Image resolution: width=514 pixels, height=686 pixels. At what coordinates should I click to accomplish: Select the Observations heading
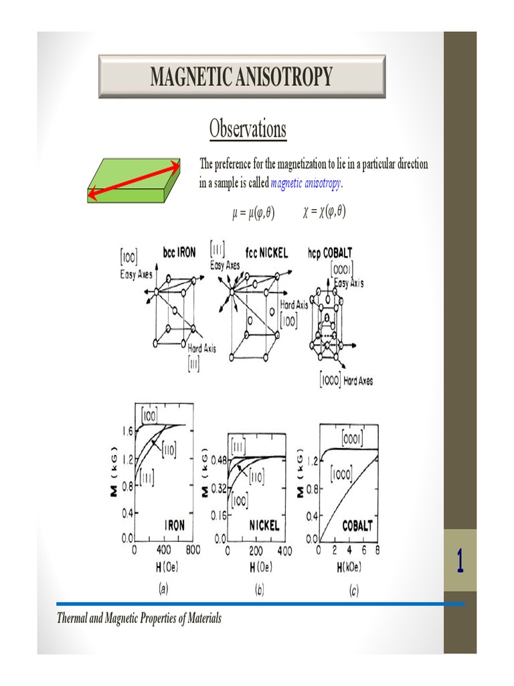[248, 128]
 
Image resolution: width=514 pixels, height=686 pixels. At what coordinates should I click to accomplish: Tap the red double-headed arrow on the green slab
[135, 180]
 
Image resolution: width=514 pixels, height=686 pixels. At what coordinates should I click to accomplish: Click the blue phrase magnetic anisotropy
[306, 184]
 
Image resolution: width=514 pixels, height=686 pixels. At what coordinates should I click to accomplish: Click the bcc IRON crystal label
[179, 253]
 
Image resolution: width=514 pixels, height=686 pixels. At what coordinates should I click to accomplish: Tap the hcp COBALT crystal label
[330, 253]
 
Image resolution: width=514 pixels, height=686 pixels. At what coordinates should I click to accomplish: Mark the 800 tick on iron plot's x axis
[193, 550]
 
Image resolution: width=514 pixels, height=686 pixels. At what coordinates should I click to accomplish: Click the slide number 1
[460, 561]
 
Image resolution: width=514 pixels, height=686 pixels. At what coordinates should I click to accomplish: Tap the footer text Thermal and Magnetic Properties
[139, 618]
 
